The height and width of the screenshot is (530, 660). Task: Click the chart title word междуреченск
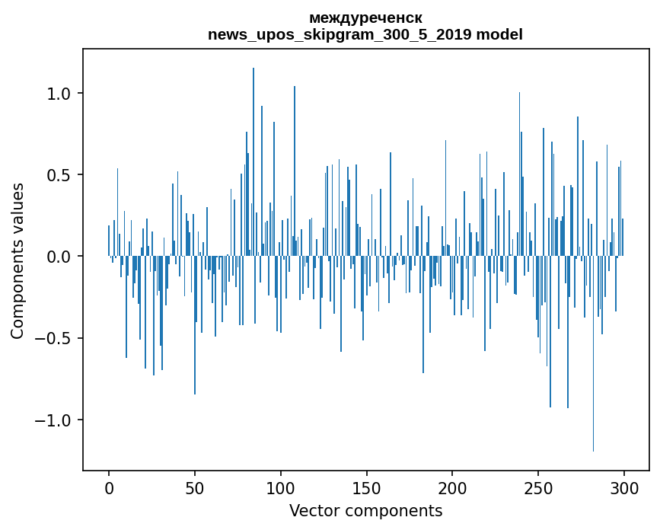point(365,18)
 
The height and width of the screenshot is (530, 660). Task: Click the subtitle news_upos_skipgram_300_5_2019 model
point(365,34)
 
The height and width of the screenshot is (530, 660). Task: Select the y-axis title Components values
point(18,260)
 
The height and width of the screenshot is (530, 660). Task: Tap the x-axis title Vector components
point(365,510)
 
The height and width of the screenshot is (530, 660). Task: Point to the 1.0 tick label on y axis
point(59,94)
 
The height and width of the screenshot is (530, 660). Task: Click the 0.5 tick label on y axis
point(59,175)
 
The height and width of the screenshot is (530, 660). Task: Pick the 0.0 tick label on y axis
point(59,257)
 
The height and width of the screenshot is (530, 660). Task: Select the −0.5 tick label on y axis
point(55,338)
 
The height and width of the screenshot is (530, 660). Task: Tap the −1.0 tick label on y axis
point(55,420)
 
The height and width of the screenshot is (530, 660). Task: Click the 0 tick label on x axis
point(109,487)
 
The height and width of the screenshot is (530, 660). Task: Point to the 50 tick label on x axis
point(195,487)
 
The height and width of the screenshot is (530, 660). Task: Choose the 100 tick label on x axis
point(281,487)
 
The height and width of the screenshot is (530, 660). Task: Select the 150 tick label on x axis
point(366,487)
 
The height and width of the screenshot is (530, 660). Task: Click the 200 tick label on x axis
point(452,487)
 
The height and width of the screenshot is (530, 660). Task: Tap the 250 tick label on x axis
point(538,487)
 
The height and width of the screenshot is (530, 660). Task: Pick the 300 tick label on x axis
point(624,487)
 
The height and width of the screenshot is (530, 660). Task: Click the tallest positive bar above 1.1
point(253,152)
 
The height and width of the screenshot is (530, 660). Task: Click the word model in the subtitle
point(499,34)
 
